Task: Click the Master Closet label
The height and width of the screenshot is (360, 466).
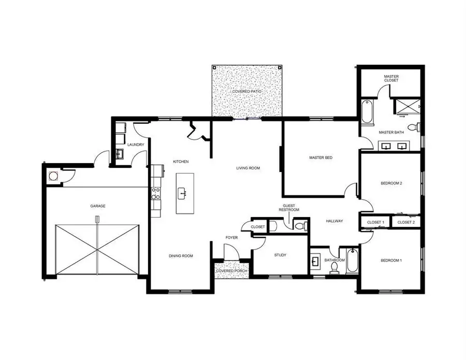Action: pyautogui.click(x=391, y=78)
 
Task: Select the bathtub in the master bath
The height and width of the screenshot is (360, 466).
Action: pyautogui.click(x=367, y=111)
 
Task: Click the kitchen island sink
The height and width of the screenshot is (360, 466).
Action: pyautogui.click(x=182, y=194)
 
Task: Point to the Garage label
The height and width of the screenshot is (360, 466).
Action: pyautogui.click(x=98, y=206)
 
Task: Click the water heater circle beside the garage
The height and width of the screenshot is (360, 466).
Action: pyautogui.click(x=53, y=176)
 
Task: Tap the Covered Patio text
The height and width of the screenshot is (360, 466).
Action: pyautogui.click(x=246, y=91)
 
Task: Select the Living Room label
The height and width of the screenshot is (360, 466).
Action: pyautogui.click(x=247, y=168)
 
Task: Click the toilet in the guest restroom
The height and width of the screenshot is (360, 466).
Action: pyautogui.click(x=299, y=225)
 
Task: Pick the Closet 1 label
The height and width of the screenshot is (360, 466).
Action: pyautogui.click(x=375, y=222)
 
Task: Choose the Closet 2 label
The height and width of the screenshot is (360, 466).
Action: pyautogui.click(x=405, y=222)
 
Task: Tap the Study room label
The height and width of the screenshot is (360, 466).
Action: pyautogui.click(x=280, y=255)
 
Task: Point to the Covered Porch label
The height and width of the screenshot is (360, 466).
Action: pyautogui.click(x=231, y=271)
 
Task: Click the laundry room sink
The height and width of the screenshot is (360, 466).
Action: pyautogui.click(x=119, y=153)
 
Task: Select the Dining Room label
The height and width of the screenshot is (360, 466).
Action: pyautogui.click(x=181, y=255)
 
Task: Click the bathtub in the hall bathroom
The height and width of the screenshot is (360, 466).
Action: pyautogui.click(x=352, y=261)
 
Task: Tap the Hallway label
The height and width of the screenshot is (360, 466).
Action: pyautogui.click(x=334, y=221)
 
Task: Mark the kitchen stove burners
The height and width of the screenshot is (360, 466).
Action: pyautogui.click(x=154, y=194)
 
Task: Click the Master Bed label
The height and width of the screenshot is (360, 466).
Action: pyautogui.click(x=321, y=157)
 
